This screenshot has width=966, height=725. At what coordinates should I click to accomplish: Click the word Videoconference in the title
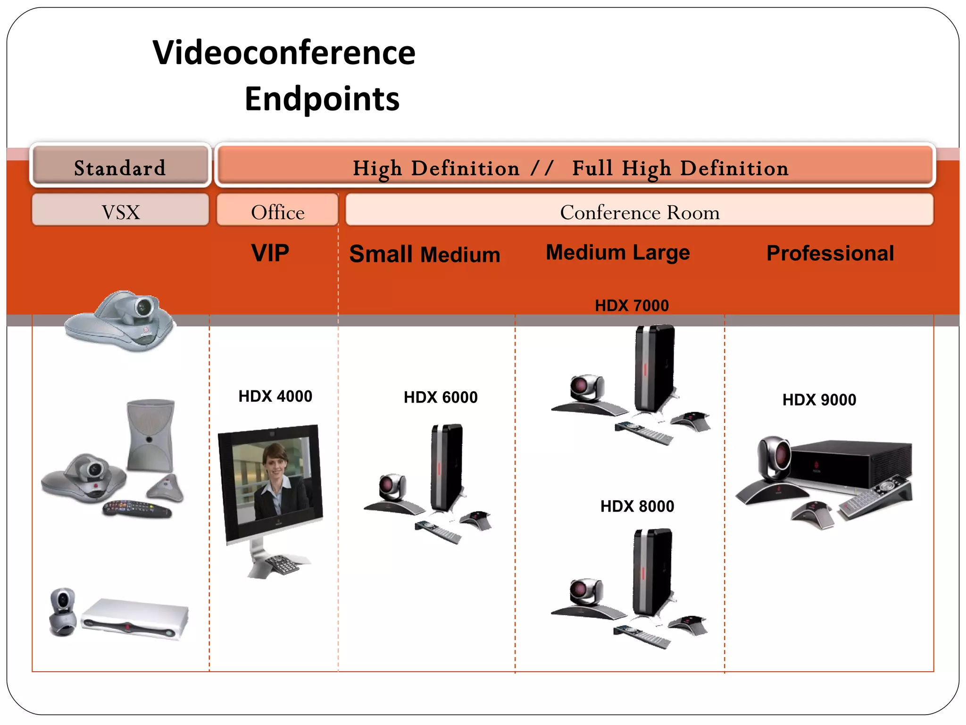point(284,53)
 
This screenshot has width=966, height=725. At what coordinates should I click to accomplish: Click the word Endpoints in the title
point(322,99)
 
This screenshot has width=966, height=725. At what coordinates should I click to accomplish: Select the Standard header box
point(120,168)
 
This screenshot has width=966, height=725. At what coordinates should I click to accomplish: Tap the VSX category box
point(121,212)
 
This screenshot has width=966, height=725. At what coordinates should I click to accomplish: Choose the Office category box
point(277,212)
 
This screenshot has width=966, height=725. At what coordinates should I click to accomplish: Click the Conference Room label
point(640,212)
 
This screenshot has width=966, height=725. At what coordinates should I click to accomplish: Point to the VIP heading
point(270,253)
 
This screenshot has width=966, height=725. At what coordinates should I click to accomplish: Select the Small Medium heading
point(425,254)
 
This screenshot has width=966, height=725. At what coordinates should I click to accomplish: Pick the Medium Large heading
point(617,253)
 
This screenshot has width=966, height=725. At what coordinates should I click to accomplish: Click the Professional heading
point(830,253)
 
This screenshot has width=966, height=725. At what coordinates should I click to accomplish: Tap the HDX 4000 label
point(275,396)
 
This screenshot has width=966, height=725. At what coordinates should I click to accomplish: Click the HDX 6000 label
point(441,397)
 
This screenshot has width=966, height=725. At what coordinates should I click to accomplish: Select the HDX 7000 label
point(632,306)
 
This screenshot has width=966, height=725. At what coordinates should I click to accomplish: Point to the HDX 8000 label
point(637,506)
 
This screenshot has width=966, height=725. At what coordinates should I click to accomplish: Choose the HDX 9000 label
point(819,400)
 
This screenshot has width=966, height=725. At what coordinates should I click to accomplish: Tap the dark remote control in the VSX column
point(137,509)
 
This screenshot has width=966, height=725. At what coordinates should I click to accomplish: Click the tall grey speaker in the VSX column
point(150,435)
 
